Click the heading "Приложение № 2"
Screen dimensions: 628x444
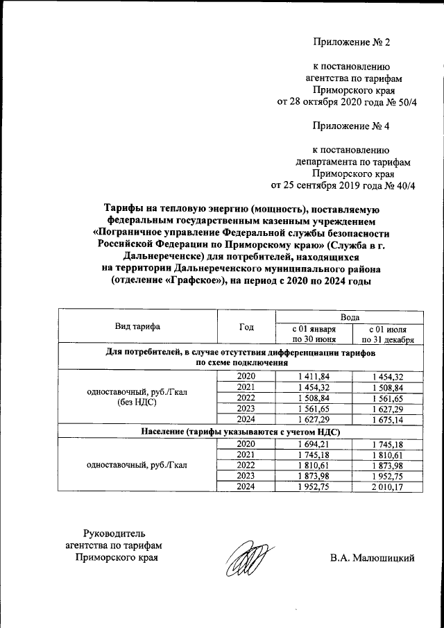coord(352,42)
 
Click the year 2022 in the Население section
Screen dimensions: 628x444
coord(246,465)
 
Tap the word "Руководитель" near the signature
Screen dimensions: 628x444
coord(114,533)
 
